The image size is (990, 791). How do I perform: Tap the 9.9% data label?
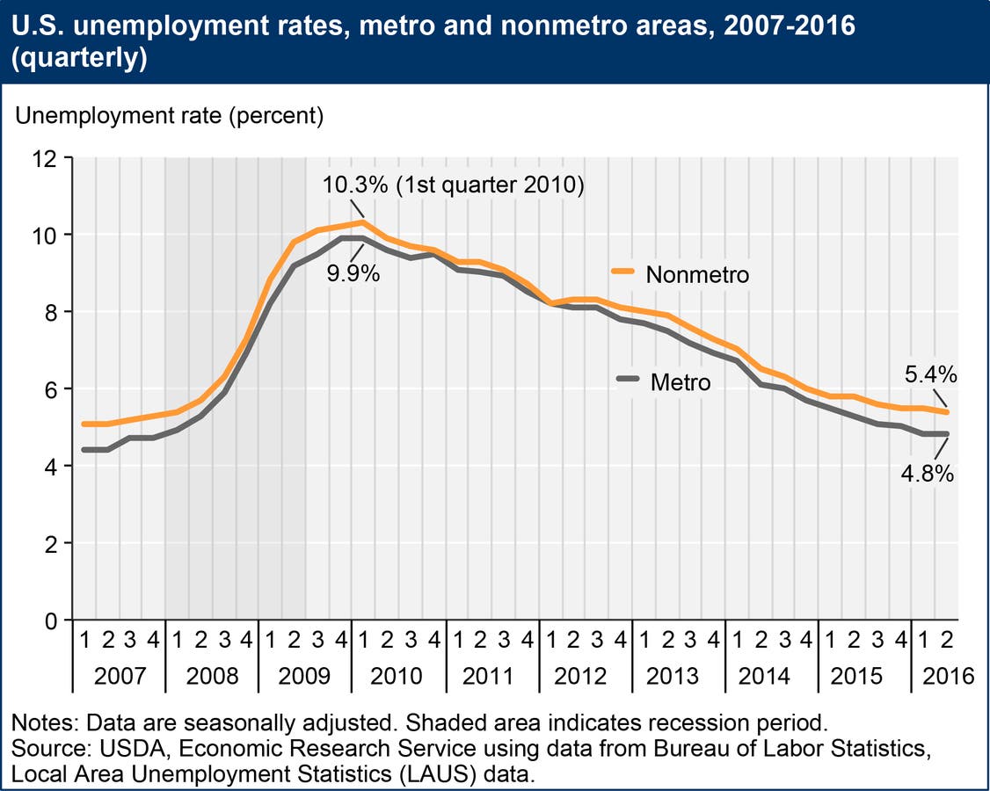(353, 274)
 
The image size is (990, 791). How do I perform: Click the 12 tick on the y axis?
(44, 158)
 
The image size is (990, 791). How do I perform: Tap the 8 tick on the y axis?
(49, 312)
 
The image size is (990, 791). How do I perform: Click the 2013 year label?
(673, 676)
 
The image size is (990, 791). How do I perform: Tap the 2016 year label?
(950, 676)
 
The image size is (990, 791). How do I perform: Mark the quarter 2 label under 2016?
(948, 640)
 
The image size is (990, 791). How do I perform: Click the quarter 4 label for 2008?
(245, 640)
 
